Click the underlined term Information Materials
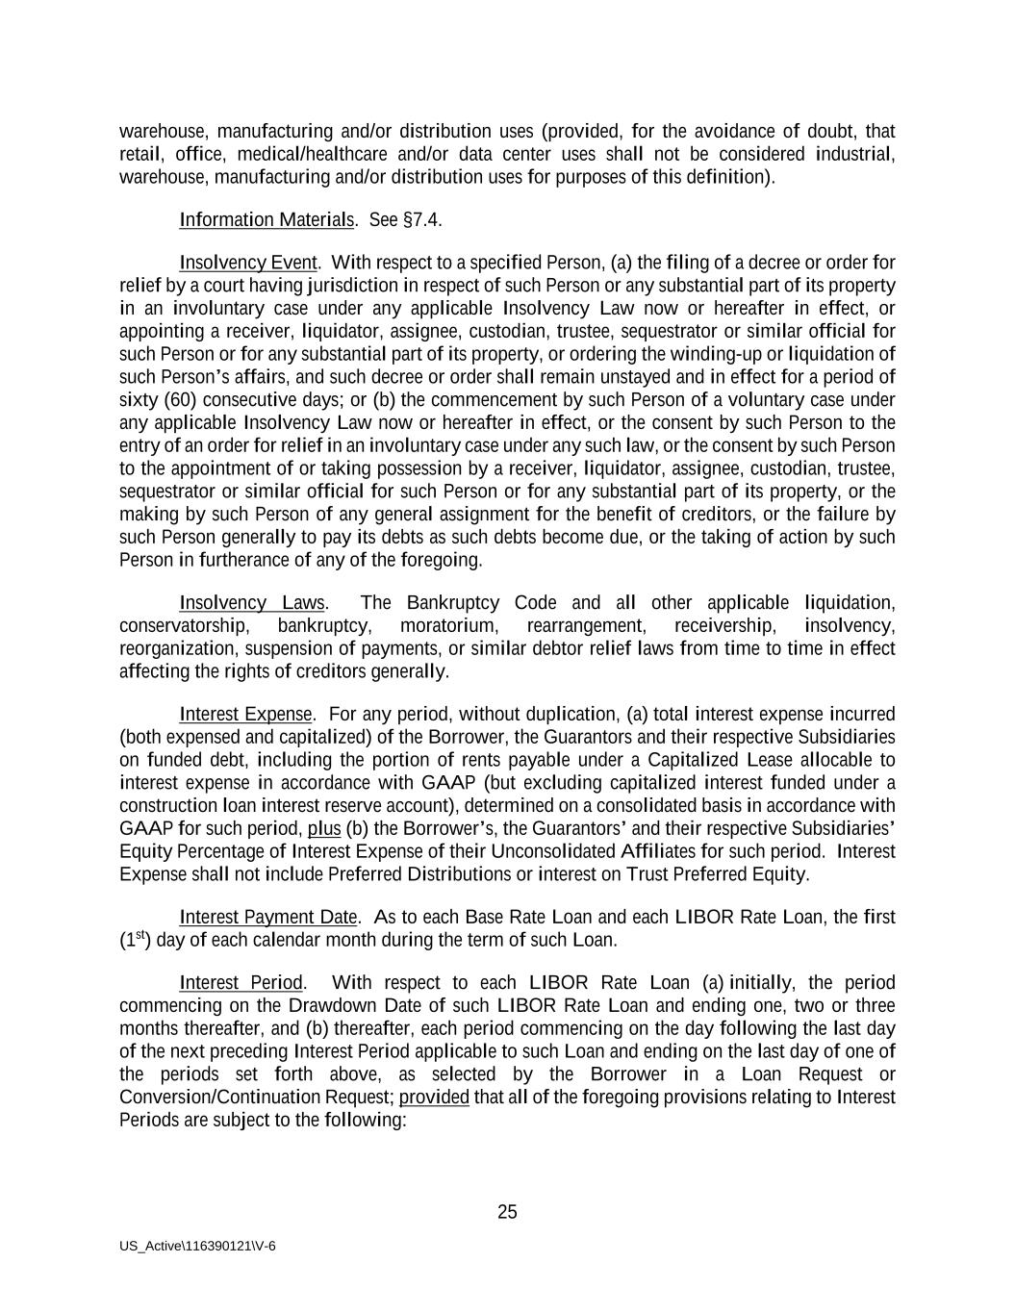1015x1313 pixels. (266, 220)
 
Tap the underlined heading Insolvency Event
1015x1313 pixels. (247, 263)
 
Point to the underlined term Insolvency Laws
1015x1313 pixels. (252, 603)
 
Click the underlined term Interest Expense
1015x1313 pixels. (245, 714)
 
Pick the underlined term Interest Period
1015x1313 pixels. (241, 983)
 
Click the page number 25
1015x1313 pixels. (507, 1212)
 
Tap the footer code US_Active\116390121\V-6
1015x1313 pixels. (198, 1246)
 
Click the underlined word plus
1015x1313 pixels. (324, 829)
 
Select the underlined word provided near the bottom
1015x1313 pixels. (434, 1098)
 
